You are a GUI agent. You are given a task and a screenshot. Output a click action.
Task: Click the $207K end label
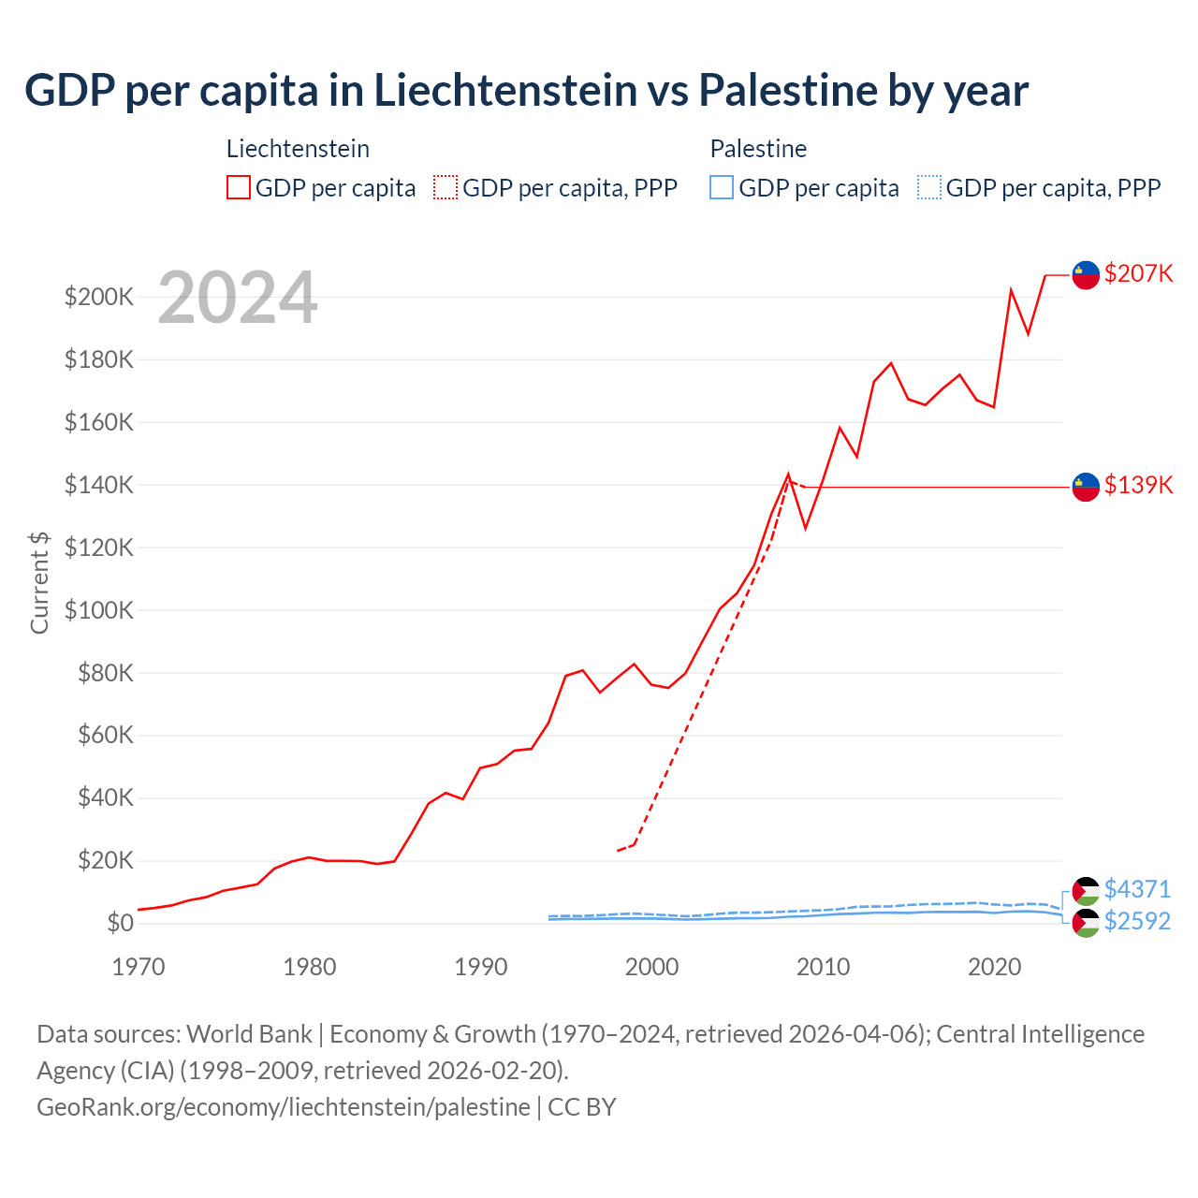pyautogui.click(x=1138, y=273)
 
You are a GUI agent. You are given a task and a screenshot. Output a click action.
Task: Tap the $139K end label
pyautogui.click(x=1138, y=485)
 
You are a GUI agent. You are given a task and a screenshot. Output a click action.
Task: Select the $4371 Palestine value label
pyautogui.click(x=1137, y=889)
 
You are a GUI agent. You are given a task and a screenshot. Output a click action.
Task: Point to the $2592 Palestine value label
pyautogui.click(x=1137, y=921)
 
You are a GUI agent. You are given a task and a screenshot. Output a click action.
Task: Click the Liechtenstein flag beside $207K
pyautogui.click(x=1086, y=275)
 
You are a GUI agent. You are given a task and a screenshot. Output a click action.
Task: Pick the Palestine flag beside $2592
pyautogui.click(x=1086, y=923)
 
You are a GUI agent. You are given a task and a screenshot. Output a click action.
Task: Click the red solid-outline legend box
pyautogui.click(x=239, y=188)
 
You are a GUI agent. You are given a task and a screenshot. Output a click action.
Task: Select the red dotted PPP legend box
pyautogui.click(x=446, y=188)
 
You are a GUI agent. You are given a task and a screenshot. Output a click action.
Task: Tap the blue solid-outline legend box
pyautogui.click(x=722, y=188)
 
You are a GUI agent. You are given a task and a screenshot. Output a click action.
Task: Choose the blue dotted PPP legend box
pyautogui.click(x=929, y=188)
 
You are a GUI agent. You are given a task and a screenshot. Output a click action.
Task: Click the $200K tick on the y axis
pyautogui.click(x=99, y=298)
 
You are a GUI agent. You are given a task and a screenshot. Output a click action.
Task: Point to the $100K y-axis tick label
pyautogui.click(x=99, y=610)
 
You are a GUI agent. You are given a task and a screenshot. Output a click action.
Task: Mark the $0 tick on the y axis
pyautogui.click(x=120, y=923)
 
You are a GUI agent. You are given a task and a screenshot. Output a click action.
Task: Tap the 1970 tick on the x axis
pyautogui.click(x=139, y=967)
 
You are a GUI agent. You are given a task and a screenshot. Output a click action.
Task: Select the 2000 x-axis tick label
pyautogui.click(x=651, y=967)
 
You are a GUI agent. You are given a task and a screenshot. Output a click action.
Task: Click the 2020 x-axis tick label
pyautogui.click(x=994, y=967)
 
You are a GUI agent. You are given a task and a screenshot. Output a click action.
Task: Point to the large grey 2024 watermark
pyautogui.click(x=238, y=298)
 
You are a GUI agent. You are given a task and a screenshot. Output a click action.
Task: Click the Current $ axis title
pyautogui.click(x=39, y=582)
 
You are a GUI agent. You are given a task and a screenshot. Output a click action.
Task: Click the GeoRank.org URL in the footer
pyautogui.click(x=284, y=1107)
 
